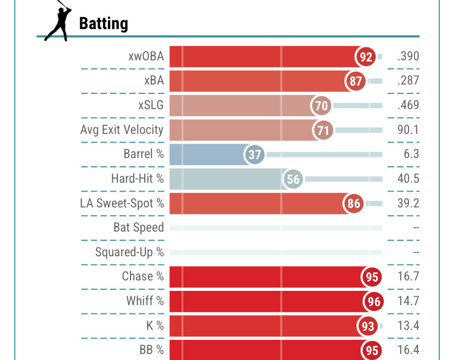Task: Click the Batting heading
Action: click(104, 24)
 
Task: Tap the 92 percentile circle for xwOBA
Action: click(366, 57)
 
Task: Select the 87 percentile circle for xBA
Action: click(356, 81)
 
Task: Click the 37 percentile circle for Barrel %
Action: click(254, 155)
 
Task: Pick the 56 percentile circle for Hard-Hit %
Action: click(293, 179)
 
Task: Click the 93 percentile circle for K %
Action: click(368, 326)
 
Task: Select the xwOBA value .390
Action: click(408, 57)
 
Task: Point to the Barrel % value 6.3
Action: click(411, 155)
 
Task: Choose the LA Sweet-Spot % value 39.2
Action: click(408, 204)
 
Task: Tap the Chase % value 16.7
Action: click(408, 277)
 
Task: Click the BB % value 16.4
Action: click(408, 350)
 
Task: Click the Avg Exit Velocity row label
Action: click(122, 130)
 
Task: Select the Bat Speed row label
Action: click(138, 228)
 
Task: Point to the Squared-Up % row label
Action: click(129, 252)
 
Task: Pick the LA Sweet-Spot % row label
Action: click(122, 204)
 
